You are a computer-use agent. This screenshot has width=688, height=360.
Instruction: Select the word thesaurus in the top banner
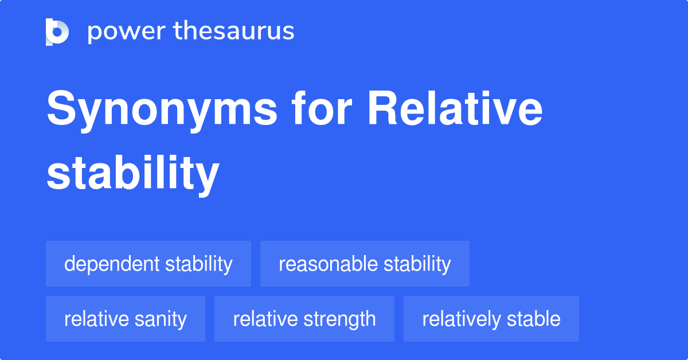click(234, 31)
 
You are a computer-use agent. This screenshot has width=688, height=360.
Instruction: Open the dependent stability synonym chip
click(148, 264)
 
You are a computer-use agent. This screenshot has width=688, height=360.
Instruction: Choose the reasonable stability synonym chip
click(365, 264)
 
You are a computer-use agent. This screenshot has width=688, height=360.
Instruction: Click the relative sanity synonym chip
click(126, 319)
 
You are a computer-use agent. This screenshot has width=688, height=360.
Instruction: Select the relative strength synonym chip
click(304, 319)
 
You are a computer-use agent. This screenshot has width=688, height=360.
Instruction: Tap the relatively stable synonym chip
click(491, 319)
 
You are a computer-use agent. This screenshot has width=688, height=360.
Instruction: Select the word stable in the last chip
click(533, 319)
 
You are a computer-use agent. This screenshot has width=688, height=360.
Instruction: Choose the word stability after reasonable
click(417, 264)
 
